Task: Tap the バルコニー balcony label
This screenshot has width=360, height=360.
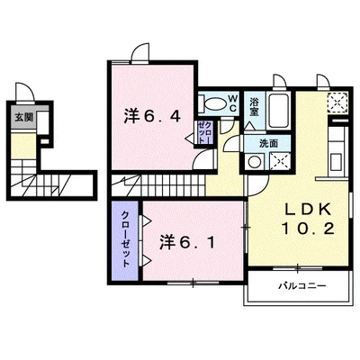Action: [297, 285]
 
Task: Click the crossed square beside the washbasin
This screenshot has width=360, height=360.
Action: [280, 162]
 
